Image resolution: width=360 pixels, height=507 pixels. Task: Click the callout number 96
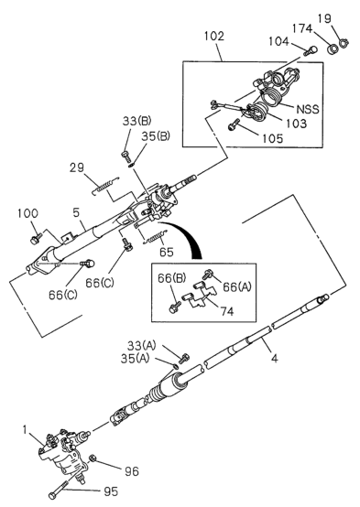[131, 471]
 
